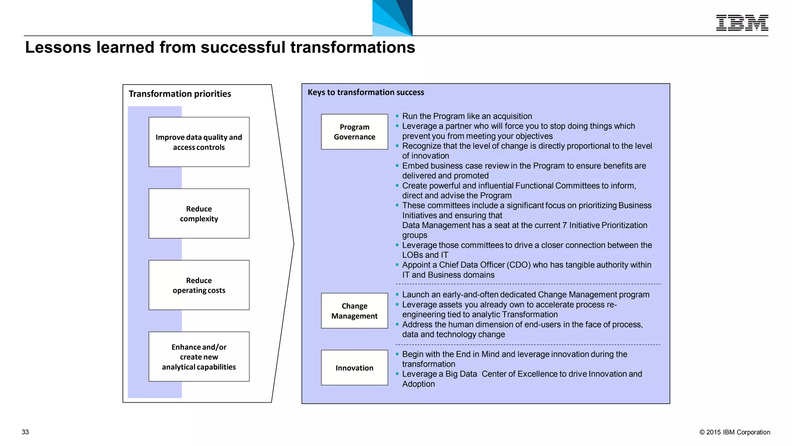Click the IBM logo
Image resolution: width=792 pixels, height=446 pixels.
coord(742,23)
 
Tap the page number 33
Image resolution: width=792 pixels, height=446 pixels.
coord(25,432)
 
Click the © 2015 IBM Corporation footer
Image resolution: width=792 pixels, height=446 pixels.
coord(734,432)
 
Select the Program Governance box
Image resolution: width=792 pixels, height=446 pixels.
coord(354,132)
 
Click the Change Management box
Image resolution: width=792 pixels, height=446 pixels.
coord(354,311)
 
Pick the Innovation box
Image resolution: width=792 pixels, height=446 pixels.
coord(354,368)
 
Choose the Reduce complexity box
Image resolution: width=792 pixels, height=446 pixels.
coord(199,214)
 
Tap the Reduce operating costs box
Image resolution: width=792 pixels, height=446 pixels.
coord(199,285)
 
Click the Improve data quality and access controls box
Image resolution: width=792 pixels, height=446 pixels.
coord(199,142)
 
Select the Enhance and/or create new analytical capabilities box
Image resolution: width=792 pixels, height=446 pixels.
coord(199,357)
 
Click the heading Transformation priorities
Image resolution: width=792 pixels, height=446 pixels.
coord(179,94)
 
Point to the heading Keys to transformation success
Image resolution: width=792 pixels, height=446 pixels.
coord(365,92)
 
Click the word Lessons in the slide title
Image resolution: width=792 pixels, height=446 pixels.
coord(58,47)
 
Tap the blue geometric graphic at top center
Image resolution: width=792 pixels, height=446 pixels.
coord(392,18)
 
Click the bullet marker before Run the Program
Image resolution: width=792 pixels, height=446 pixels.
coord(397,116)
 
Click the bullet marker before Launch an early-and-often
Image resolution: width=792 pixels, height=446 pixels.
coord(397,294)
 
